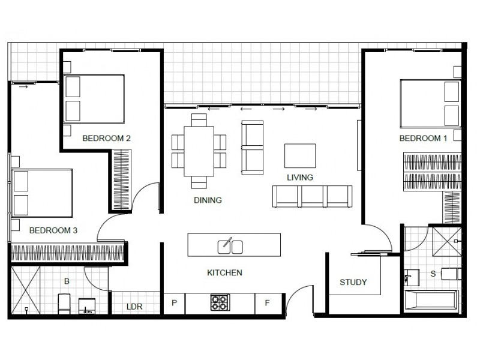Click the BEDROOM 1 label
[x=424, y=138]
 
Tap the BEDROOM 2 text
[x=107, y=138]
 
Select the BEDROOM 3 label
[x=53, y=230]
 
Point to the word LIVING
[x=300, y=177]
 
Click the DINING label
[x=208, y=200]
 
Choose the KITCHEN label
[x=224, y=273]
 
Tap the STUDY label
[x=353, y=282]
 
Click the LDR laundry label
[x=134, y=306]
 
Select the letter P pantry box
[x=175, y=303]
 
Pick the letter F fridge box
[x=268, y=303]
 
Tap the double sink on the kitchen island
[x=230, y=245]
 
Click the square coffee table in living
[x=300, y=155]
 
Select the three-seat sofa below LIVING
[x=312, y=196]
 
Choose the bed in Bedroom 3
[x=42, y=193]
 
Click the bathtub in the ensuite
[x=431, y=301]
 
